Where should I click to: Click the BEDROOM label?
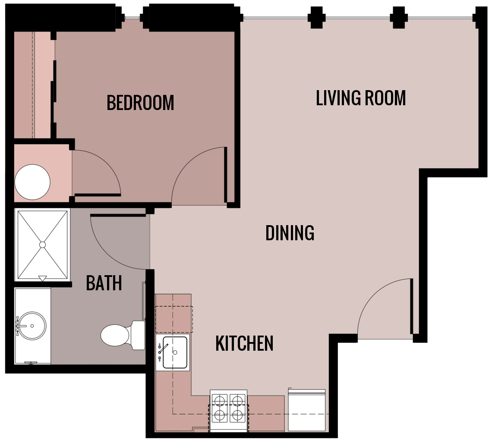point(140,103)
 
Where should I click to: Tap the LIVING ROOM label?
point(361,98)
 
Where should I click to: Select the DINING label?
point(290,233)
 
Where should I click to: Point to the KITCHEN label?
point(244,344)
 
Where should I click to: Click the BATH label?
point(104,283)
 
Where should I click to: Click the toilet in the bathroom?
point(116,335)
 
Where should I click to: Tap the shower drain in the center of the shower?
point(42,245)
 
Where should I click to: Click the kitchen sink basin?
point(175,352)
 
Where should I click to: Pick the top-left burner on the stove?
point(220,401)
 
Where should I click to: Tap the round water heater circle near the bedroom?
point(32,182)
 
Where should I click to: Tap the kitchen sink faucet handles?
point(160,352)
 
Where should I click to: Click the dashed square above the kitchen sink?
point(173,319)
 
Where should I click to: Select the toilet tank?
point(139,335)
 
